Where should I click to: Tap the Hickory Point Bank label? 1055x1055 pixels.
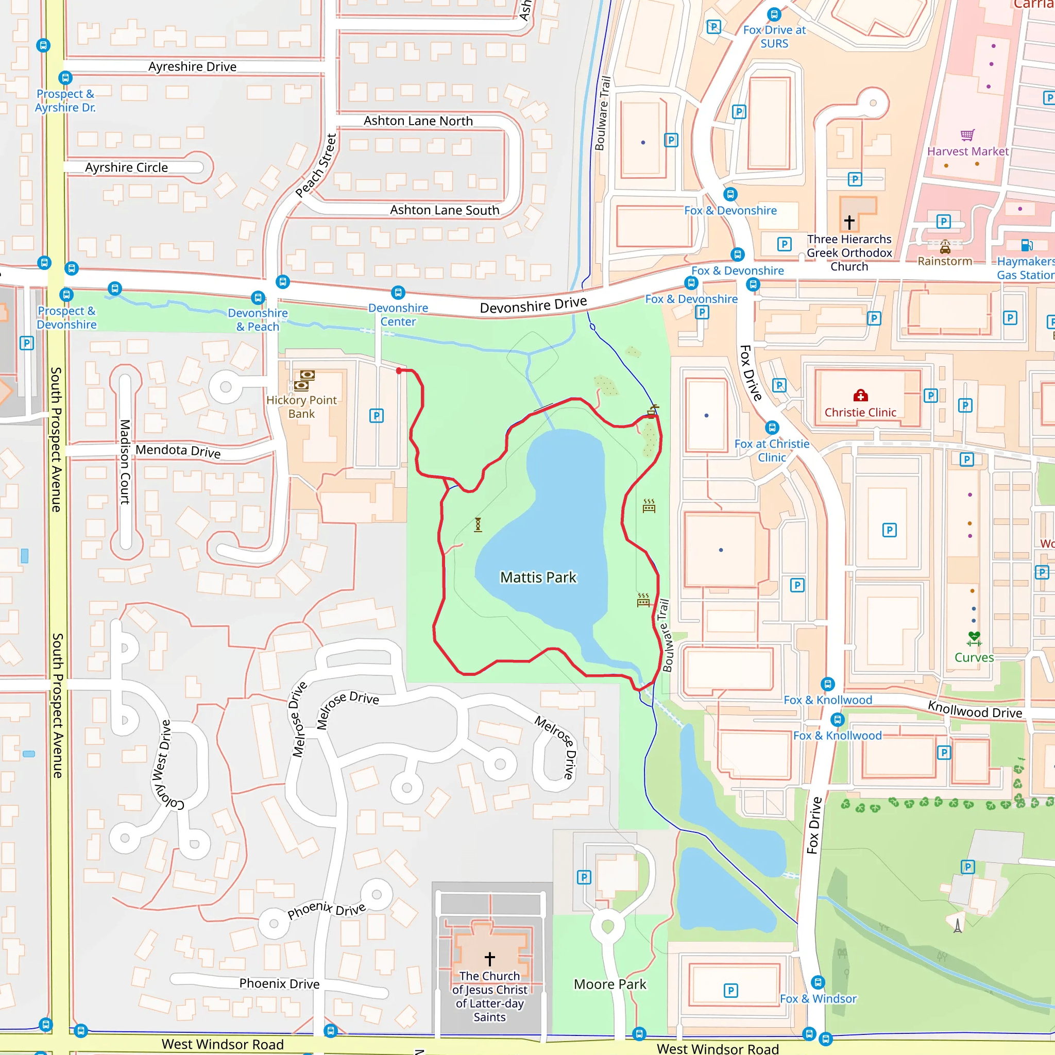pyautogui.click(x=301, y=407)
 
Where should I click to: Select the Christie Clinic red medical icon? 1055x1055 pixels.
pyautogui.click(x=861, y=395)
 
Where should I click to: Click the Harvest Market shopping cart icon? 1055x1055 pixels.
pyautogui.click(x=967, y=135)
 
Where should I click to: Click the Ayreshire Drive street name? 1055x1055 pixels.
pyautogui.click(x=192, y=66)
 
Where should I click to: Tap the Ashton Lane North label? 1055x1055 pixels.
pyautogui.click(x=418, y=121)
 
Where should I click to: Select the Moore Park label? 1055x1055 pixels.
pyautogui.click(x=609, y=984)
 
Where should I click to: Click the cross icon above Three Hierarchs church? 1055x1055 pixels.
pyautogui.click(x=849, y=222)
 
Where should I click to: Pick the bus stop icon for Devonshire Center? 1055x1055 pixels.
pyautogui.click(x=398, y=293)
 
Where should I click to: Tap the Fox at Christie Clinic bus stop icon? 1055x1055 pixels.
pyautogui.click(x=772, y=428)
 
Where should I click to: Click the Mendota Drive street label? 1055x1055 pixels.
pyautogui.click(x=178, y=451)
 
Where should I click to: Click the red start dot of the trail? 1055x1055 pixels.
pyautogui.click(x=399, y=371)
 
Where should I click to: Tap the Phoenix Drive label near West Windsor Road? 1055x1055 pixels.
pyautogui.click(x=279, y=983)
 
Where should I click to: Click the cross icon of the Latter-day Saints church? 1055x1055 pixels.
pyautogui.click(x=490, y=959)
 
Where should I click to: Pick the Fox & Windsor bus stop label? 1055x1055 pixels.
pyautogui.click(x=818, y=999)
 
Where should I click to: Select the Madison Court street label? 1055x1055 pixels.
pyautogui.click(x=125, y=462)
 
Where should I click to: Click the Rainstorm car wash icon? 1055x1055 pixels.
pyautogui.click(x=945, y=246)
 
